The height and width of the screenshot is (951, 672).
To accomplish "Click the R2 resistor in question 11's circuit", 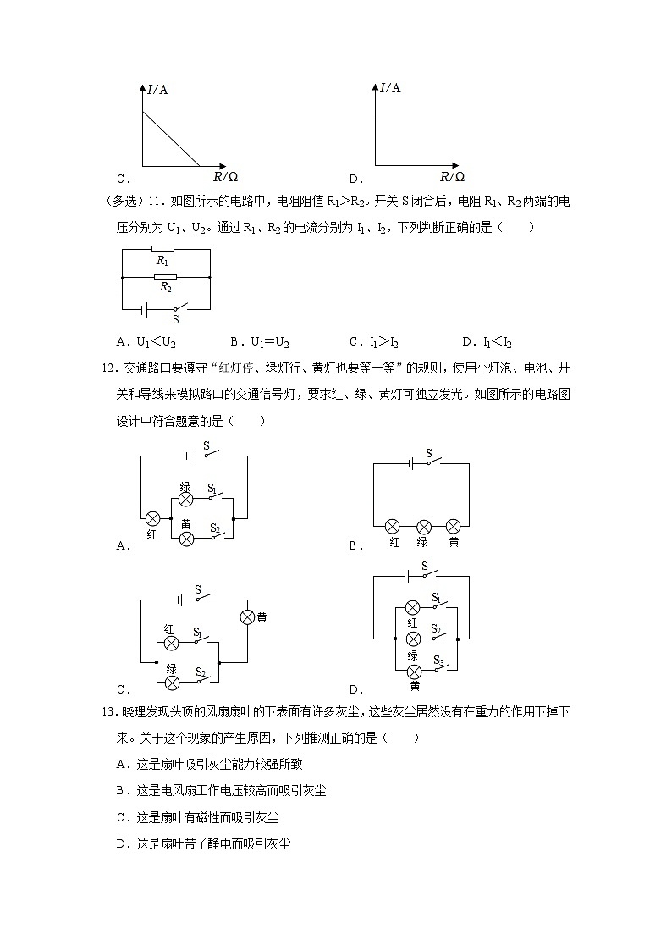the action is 165,277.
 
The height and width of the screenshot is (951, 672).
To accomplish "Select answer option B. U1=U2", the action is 259,342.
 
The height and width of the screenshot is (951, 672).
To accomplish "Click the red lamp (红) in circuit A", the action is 152,518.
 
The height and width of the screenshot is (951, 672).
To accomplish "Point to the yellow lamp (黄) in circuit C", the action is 248,617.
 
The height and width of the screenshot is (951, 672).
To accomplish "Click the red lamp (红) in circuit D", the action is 413,607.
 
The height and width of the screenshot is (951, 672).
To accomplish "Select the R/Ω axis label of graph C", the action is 225,177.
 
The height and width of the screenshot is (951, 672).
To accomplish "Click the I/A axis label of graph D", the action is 390,87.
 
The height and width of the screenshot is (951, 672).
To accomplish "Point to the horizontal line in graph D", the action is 408,119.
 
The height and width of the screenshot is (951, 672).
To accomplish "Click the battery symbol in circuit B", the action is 411,463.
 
